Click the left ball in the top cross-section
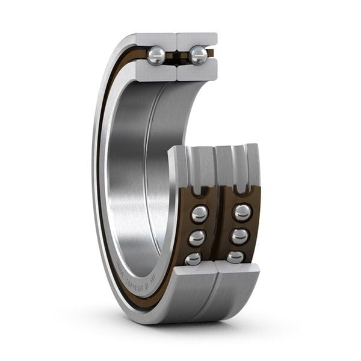(156, 56)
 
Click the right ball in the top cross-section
(197, 56)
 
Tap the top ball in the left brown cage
(199, 213)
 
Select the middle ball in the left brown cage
(197, 238)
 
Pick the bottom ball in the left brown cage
(193, 258)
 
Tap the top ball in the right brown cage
(242, 212)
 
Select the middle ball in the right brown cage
(239, 236)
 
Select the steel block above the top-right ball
(197, 41)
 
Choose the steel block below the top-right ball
(197, 71)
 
